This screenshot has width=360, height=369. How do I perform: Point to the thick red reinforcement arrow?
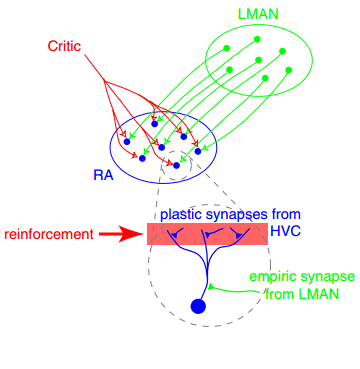click(x=122, y=234)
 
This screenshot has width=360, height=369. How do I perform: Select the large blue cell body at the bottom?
click(x=198, y=306)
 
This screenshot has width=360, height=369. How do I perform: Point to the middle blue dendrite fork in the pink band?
click(x=205, y=236)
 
